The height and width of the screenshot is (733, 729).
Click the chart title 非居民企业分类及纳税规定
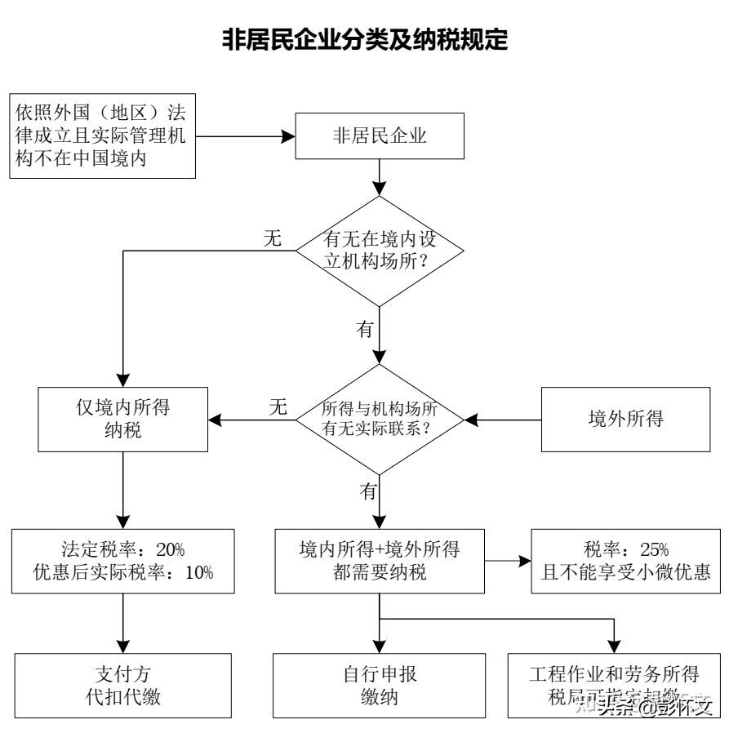pyautogui.click(x=364, y=38)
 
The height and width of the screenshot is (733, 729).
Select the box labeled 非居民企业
pyautogui.click(x=380, y=136)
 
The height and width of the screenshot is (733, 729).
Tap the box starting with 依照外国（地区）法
pyautogui.click(x=104, y=135)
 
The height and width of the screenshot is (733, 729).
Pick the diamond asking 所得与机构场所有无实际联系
pyautogui.click(x=380, y=419)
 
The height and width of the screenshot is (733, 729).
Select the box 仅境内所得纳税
pyautogui.click(x=122, y=419)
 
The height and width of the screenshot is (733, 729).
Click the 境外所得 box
pyautogui.click(x=626, y=419)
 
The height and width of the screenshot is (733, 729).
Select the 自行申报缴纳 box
pyautogui.click(x=380, y=685)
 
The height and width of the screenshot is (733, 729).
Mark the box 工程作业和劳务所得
pyautogui.click(x=614, y=676)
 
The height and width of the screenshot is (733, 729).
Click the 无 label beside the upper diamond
pyautogui.click(x=272, y=238)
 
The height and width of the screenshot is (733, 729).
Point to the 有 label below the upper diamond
pyautogui.click(x=365, y=329)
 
